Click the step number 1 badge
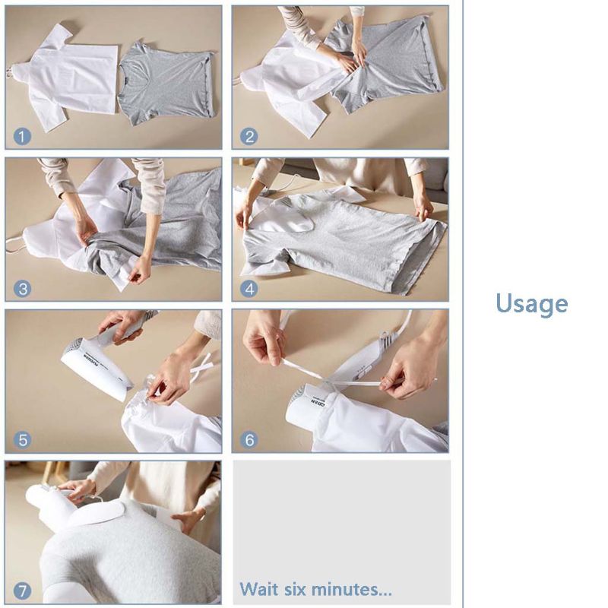click(x=22, y=137)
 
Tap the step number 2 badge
click(x=249, y=137)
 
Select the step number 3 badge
click(x=22, y=289)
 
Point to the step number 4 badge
click(x=249, y=289)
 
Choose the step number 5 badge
click(x=22, y=440)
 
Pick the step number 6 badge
click(x=249, y=440)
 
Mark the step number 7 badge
click(x=22, y=591)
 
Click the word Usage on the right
click(x=531, y=303)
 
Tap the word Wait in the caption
click(x=259, y=589)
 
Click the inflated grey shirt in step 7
click(x=122, y=555)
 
